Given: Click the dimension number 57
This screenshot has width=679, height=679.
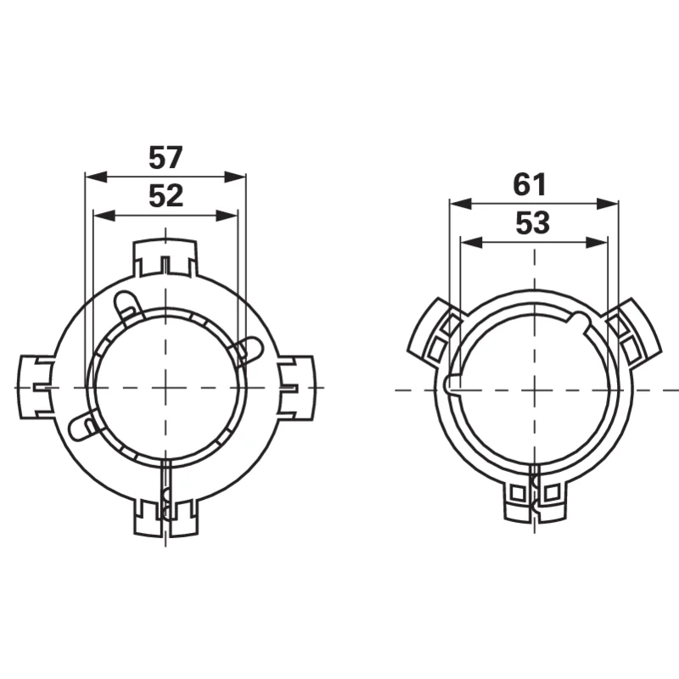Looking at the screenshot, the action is [x=166, y=158].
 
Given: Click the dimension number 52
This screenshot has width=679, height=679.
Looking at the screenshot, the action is [x=166, y=196].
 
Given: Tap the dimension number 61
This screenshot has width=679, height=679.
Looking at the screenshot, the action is [x=530, y=184].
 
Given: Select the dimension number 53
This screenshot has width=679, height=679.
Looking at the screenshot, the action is [x=533, y=223].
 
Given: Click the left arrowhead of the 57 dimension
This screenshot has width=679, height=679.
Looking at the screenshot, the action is [x=96, y=177].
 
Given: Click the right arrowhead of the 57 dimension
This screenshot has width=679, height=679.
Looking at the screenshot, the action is [x=235, y=177].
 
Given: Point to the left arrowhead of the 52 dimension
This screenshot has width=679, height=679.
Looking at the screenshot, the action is [x=104, y=216].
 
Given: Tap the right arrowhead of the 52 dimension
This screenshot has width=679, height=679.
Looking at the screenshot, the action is [x=227, y=216].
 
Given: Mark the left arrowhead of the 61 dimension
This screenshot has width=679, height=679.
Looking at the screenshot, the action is [x=460, y=204].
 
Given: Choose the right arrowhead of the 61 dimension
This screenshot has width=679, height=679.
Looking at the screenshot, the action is [x=607, y=204].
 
